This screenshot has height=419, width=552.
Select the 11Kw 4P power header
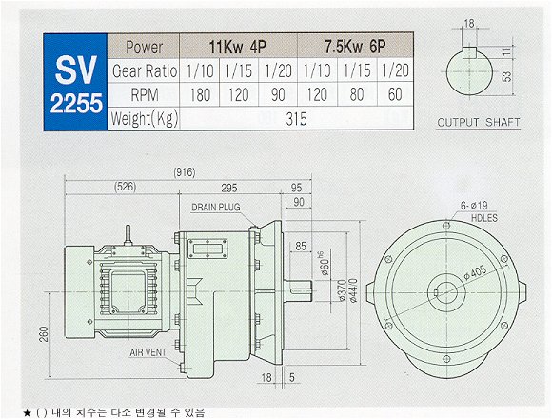(x=238, y=47)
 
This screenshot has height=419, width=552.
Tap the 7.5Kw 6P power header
(x=355, y=47)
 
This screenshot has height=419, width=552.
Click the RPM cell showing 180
(x=200, y=94)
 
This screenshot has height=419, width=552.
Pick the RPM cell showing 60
(x=395, y=94)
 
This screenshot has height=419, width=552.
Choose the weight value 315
(x=296, y=119)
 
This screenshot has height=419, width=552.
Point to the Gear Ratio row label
(x=145, y=71)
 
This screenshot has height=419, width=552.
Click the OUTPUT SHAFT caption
(x=478, y=123)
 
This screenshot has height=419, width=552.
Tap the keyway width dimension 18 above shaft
(x=469, y=24)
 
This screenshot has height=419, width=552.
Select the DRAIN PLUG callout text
(x=216, y=207)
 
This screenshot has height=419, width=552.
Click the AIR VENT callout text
(x=148, y=352)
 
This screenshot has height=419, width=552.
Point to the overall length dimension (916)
(x=185, y=172)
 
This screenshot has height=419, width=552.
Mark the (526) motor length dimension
(x=126, y=187)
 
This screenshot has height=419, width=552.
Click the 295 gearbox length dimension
(x=229, y=188)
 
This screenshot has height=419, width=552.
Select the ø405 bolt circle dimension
(x=475, y=273)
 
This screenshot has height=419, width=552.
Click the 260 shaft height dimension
(x=44, y=334)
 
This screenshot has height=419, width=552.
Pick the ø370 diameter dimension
(x=341, y=290)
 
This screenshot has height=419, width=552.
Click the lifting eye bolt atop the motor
(x=128, y=235)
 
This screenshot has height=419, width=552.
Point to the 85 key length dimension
(x=301, y=246)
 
